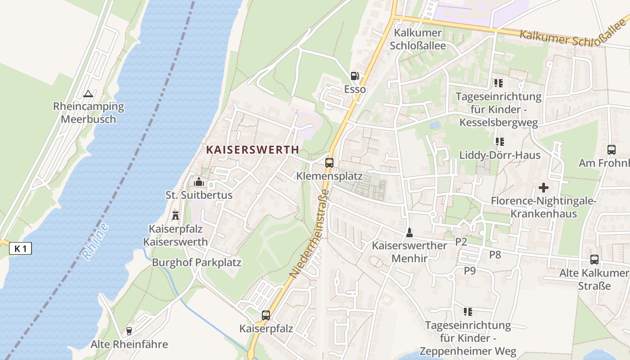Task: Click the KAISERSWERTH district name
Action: coord(252,150)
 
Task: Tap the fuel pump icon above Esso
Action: coord(355,76)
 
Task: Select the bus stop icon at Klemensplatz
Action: coord(329,163)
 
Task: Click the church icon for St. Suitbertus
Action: coord(198,182)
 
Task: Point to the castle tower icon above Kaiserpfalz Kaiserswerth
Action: coord(175,215)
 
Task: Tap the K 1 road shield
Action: coord(20,248)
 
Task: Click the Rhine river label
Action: coord(95,241)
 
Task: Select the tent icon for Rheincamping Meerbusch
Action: coord(88,94)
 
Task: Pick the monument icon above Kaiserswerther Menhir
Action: coord(409,233)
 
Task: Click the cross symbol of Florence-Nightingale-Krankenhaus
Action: coord(544,188)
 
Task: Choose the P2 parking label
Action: coord(461,242)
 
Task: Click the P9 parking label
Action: coord(470,270)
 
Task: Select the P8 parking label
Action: coord(495,255)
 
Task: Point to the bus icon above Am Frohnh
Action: coord(611,150)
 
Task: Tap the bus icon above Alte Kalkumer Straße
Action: coord(594,260)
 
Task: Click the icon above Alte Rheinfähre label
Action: coord(129,331)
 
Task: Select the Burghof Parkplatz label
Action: coord(197,262)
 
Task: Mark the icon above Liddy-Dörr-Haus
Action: coord(499,142)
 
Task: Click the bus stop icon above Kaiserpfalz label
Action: coord(266,315)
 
